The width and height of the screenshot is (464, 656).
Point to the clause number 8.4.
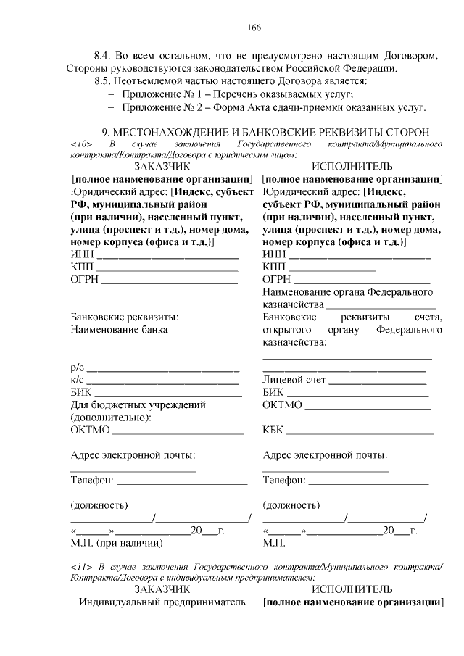[x=104, y=55]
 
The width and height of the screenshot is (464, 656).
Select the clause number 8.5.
[x=104, y=81]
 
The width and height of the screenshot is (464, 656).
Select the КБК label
[x=273, y=431]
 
